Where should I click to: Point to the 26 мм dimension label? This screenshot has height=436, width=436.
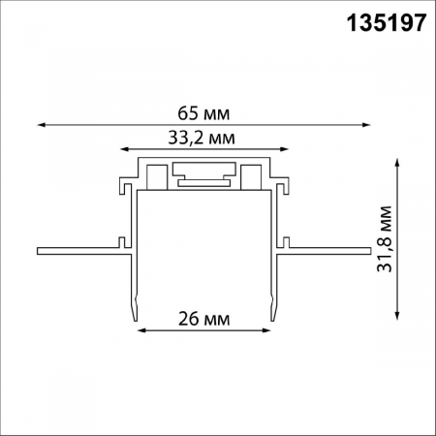click(x=203, y=317)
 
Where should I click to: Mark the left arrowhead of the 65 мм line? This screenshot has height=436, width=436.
click(x=41, y=124)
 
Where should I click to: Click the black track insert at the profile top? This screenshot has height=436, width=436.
click(x=204, y=177)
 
